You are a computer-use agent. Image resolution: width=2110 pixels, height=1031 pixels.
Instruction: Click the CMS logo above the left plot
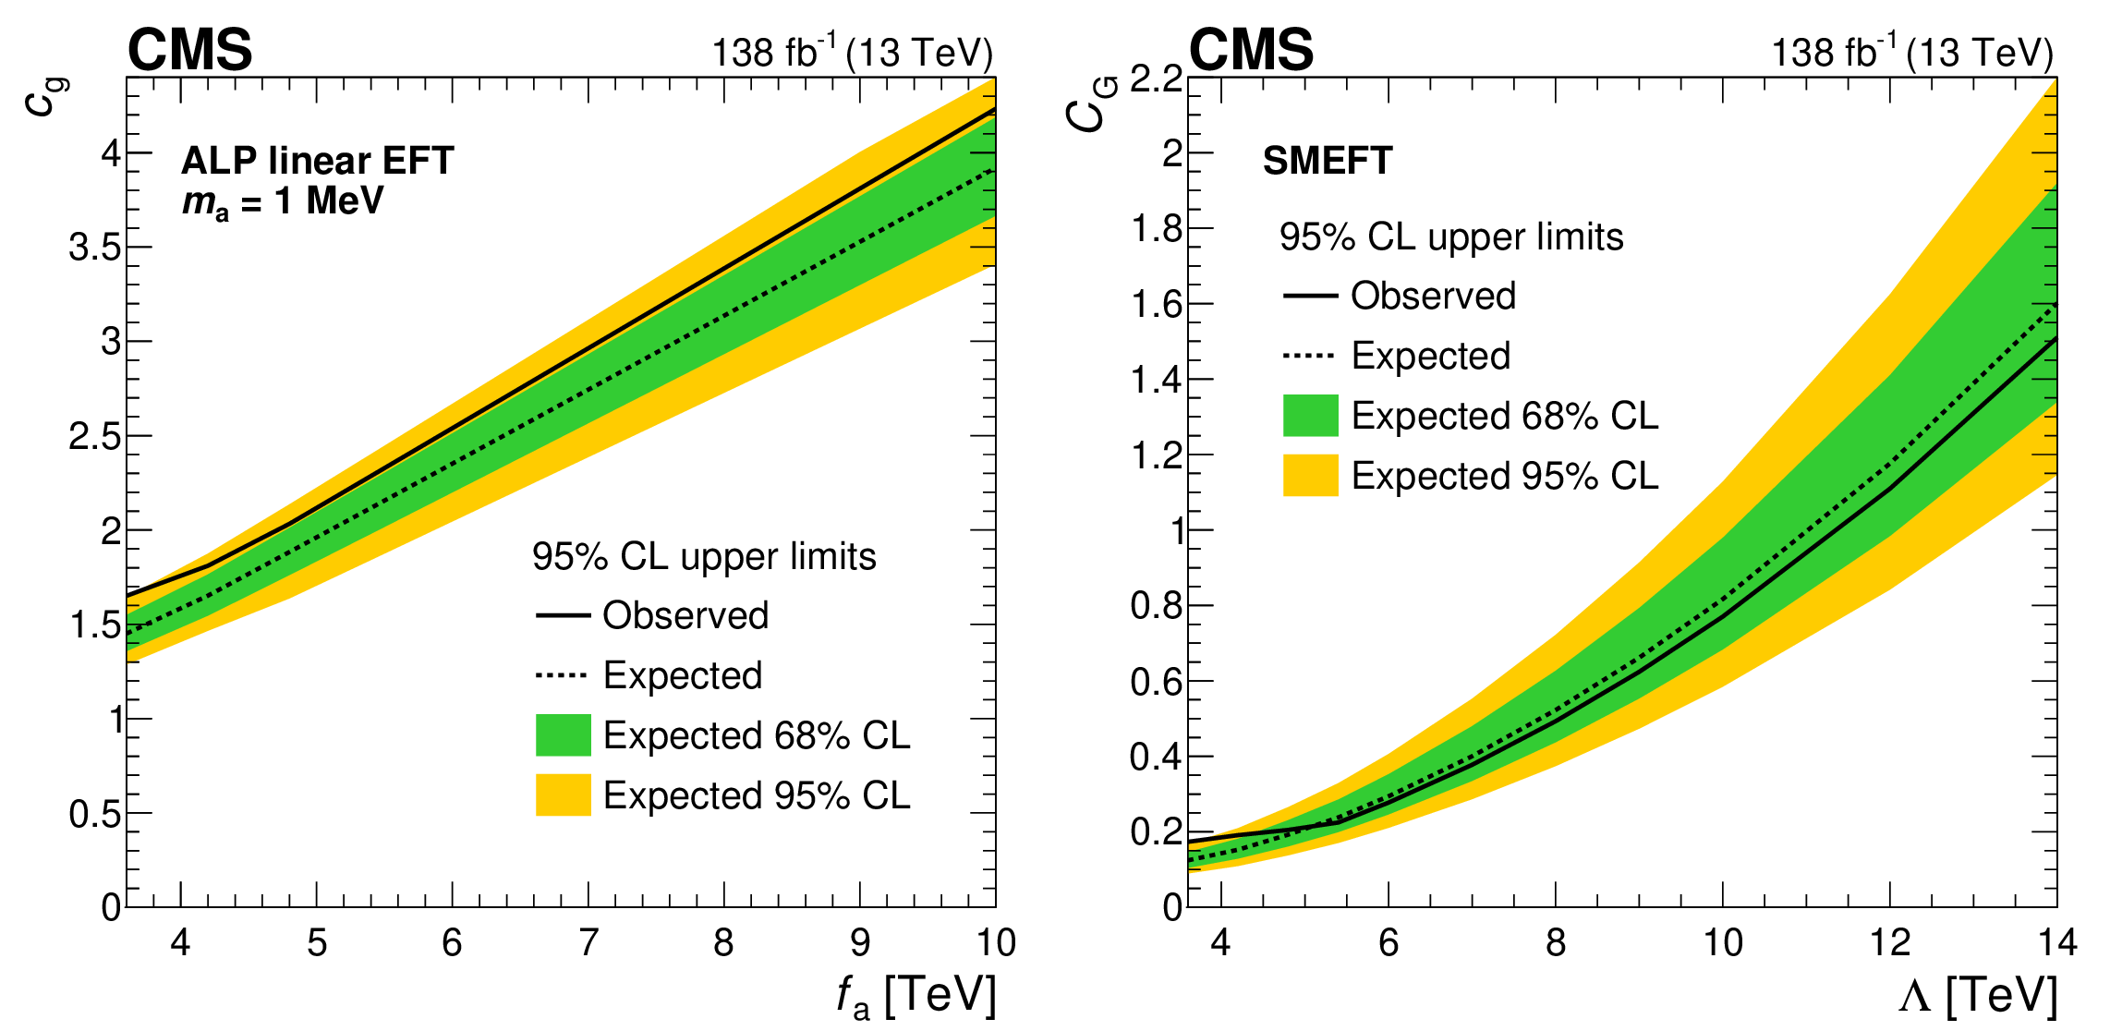tap(189, 49)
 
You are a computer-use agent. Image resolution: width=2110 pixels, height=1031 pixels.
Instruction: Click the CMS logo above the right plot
tap(1251, 49)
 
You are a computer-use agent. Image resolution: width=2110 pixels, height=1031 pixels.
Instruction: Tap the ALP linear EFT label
tap(317, 161)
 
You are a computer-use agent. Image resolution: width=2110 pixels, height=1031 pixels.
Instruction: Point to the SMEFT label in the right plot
tap(1327, 161)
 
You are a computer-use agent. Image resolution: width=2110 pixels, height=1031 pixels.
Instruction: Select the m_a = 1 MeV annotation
tap(283, 202)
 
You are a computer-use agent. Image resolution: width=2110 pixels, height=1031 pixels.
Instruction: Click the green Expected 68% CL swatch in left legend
tap(563, 735)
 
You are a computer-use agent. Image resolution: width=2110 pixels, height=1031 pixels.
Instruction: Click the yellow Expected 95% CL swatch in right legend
tap(1310, 476)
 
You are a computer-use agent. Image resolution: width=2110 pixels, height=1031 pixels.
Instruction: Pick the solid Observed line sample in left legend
tap(563, 615)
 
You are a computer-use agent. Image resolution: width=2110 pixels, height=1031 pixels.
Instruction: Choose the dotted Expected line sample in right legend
tap(1310, 356)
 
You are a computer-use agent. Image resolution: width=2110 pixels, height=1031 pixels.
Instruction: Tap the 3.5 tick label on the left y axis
tap(95, 248)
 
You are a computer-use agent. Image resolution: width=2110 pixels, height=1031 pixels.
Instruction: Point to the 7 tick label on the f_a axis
tap(588, 942)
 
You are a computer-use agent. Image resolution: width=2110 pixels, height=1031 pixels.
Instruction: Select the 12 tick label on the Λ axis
tap(1890, 942)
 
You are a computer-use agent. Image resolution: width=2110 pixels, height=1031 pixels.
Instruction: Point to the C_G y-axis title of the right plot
tap(1090, 104)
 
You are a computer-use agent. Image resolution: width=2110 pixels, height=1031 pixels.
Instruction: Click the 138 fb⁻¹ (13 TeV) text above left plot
tap(852, 53)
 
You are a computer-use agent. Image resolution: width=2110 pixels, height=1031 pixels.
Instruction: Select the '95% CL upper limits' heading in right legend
tap(1450, 237)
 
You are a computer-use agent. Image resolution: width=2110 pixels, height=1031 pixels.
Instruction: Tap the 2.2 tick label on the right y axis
tap(1157, 79)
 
